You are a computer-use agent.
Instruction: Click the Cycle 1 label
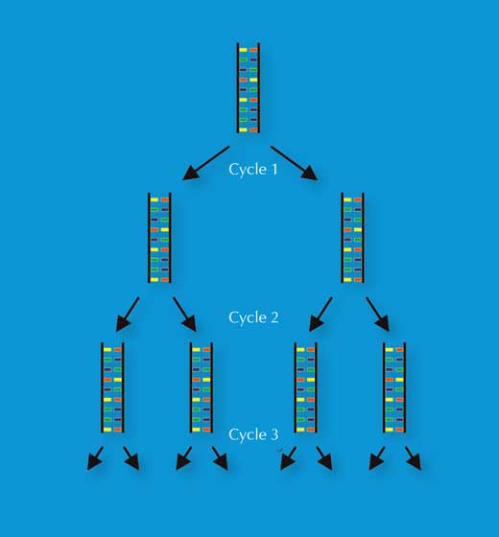coord(253,169)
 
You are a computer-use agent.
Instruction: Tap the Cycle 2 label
coord(253,317)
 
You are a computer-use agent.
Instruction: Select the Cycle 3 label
coord(253,434)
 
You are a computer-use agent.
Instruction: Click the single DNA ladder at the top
coord(249,88)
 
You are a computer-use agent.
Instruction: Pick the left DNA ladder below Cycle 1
coord(159,238)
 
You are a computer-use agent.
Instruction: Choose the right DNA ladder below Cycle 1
coord(352,238)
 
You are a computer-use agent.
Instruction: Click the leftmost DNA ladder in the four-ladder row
coord(112,387)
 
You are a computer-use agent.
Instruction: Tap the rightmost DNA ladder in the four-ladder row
coord(394,387)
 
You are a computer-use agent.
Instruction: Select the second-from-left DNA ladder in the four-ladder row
coord(202,387)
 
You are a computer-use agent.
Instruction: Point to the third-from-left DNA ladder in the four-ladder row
coord(305,387)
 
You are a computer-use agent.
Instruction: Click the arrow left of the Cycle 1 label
coord(206,163)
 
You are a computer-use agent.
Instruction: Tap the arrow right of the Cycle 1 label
coord(294,163)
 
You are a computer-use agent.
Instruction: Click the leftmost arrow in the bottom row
coord(95,458)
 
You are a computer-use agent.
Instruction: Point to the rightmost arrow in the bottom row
coord(413,458)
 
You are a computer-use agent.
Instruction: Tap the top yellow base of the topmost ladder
coord(243,50)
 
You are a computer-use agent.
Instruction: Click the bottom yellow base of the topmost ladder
coord(243,129)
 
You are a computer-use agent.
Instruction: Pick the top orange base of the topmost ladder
coord(253,50)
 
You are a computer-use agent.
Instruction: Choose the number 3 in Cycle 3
coord(274,434)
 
